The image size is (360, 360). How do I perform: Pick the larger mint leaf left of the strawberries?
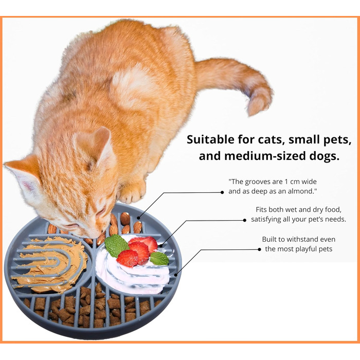coord(116,245)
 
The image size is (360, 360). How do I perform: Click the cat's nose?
coord(94,236)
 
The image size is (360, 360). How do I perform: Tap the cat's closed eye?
coord(101,213)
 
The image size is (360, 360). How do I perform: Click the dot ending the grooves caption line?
coord(222,192)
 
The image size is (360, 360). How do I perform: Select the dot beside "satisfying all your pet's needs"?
coord(244,220)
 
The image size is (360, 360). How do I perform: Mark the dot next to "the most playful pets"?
coord(259,249)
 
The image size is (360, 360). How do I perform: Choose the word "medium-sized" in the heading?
coord(265,156)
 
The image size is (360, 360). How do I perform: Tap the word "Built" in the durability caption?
coord(269,239)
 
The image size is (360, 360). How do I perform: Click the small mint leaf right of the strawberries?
coord(159,258)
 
